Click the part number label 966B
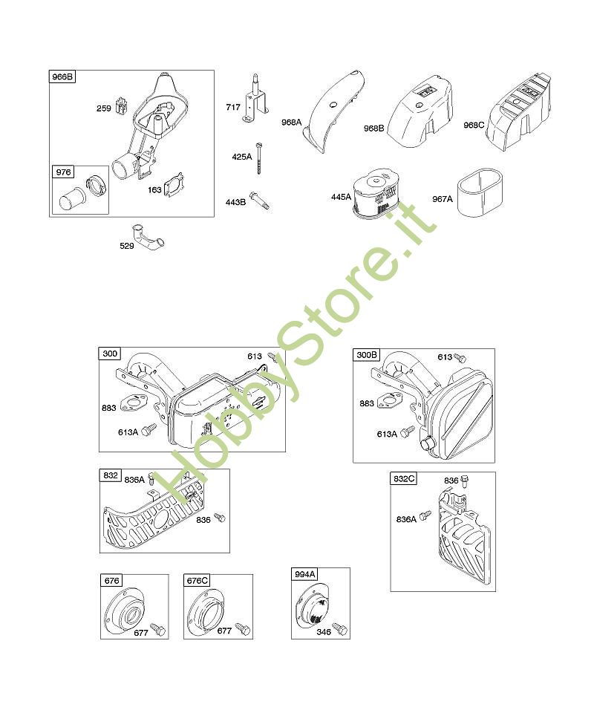point(62,76)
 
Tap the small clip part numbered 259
point(121,106)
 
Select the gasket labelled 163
point(174,185)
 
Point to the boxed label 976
point(63,172)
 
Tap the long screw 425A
point(260,157)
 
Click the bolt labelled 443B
point(260,201)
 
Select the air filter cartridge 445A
point(376,193)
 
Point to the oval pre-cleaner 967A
point(479,192)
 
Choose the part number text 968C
point(474,125)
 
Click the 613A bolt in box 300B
point(408,431)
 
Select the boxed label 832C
point(404,478)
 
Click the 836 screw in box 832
point(220,517)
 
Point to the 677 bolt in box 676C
point(243,629)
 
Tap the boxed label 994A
point(304,574)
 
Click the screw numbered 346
point(340,629)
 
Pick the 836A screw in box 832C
point(425,515)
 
